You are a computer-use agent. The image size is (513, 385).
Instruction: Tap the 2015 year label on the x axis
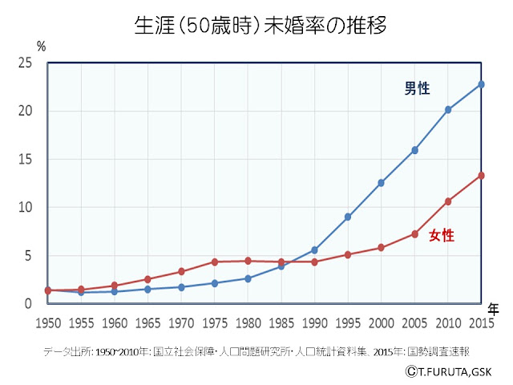(481, 323)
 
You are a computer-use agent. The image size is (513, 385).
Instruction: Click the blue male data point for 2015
(481, 84)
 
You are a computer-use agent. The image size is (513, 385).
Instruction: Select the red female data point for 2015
(481, 176)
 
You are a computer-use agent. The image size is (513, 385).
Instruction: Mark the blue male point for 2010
(448, 110)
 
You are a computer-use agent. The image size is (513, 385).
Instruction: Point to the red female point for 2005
(414, 234)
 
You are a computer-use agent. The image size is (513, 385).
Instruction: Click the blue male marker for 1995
(348, 217)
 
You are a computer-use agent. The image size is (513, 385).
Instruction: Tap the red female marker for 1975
(214, 261)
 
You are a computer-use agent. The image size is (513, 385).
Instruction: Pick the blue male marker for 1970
(181, 287)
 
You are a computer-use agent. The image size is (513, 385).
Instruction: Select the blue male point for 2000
(382, 183)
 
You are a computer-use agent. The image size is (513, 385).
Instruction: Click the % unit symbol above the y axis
(41, 47)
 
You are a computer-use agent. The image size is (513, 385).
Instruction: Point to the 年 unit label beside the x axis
(494, 309)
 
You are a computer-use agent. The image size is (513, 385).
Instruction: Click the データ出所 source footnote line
(256, 351)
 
